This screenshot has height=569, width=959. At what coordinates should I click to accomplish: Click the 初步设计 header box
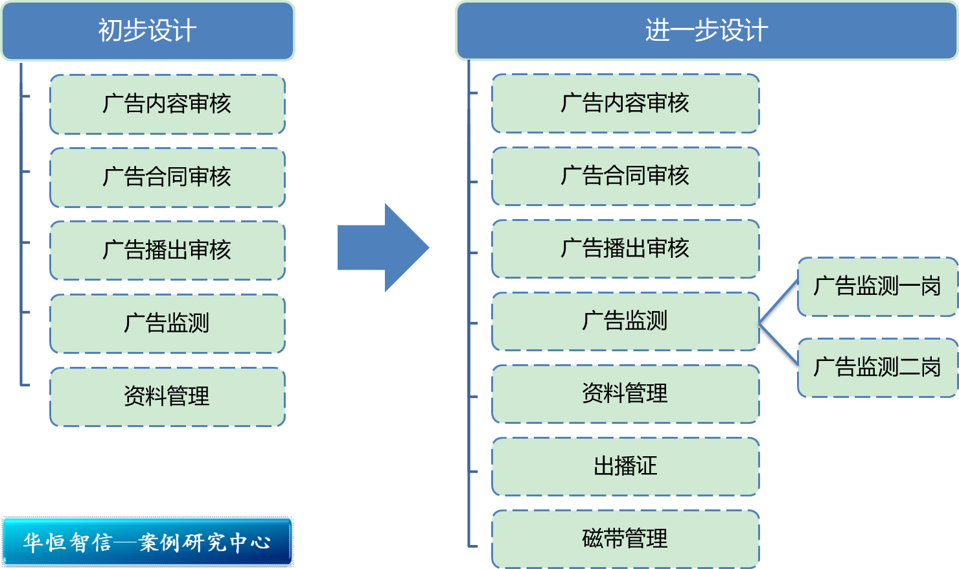[x=148, y=31]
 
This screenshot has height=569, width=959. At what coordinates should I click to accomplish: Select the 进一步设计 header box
[x=706, y=31]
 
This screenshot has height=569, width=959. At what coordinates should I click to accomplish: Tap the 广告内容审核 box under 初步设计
[x=167, y=104]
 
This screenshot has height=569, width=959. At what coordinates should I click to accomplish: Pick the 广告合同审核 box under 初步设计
[x=167, y=178]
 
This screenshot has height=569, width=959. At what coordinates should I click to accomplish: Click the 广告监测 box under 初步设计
[x=167, y=323]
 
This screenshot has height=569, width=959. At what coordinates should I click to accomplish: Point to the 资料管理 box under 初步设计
[x=167, y=397]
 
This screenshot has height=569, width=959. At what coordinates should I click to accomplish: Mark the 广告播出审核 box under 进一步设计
[x=625, y=249]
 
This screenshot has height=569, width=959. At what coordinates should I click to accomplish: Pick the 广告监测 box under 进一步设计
[x=625, y=321]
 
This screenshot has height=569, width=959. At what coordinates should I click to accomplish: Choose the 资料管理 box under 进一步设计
[x=625, y=394]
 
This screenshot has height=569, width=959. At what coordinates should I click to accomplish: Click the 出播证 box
[x=625, y=467]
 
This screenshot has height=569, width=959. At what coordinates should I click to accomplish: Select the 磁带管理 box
[x=625, y=539]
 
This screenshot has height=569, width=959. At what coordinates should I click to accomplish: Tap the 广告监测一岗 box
[x=877, y=286]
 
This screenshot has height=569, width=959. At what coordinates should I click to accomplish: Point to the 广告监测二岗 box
[x=877, y=367]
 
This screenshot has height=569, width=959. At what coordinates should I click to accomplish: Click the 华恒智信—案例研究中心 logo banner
[x=148, y=542]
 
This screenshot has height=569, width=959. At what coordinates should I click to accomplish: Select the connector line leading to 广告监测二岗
[x=779, y=345]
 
